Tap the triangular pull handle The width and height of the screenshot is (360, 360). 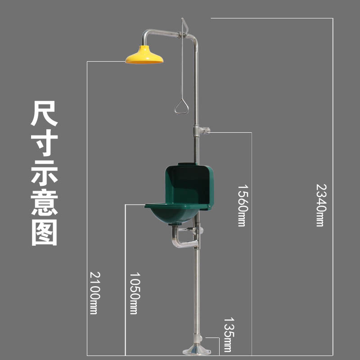pyautogui.click(x=181, y=107)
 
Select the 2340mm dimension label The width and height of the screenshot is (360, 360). pyautogui.click(x=320, y=204)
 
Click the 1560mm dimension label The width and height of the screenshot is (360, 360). pyautogui.click(x=242, y=205)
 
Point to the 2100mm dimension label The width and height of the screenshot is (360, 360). pyautogui.click(x=94, y=292)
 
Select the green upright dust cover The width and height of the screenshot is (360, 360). pyautogui.click(x=189, y=185)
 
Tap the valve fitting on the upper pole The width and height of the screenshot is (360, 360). pyautogui.click(x=201, y=131)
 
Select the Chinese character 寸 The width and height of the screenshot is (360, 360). pyautogui.click(x=44, y=143)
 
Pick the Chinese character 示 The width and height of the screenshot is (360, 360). pyautogui.click(x=44, y=173)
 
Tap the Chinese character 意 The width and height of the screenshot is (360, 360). pyautogui.click(x=44, y=202)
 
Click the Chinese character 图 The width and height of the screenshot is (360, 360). pyautogui.click(x=44, y=232)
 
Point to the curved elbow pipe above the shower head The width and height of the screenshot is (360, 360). pyautogui.click(x=146, y=36)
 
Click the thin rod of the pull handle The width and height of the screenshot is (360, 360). pyautogui.click(x=181, y=67)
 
